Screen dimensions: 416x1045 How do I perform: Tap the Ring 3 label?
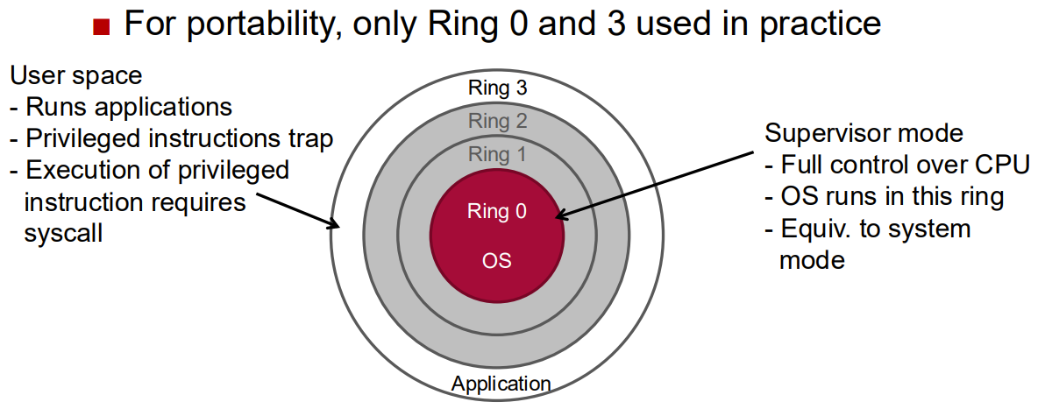(497, 88)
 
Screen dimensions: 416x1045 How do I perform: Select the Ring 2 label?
(497, 121)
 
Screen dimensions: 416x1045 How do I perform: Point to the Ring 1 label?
(497, 155)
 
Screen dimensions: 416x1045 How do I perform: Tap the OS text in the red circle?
(497, 260)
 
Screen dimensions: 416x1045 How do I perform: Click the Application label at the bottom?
(501, 383)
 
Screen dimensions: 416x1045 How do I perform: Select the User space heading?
(75, 75)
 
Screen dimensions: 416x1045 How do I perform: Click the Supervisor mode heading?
(864, 134)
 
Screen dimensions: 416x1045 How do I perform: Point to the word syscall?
(64, 234)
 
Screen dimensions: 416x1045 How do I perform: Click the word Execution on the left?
(79, 170)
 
